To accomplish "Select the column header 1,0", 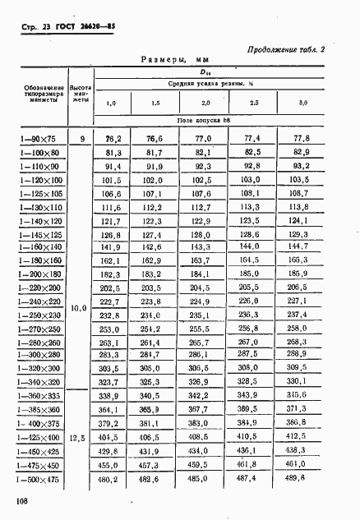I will pyautogui.click(x=112, y=102).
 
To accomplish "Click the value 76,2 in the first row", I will pyautogui.click(x=113, y=139).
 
